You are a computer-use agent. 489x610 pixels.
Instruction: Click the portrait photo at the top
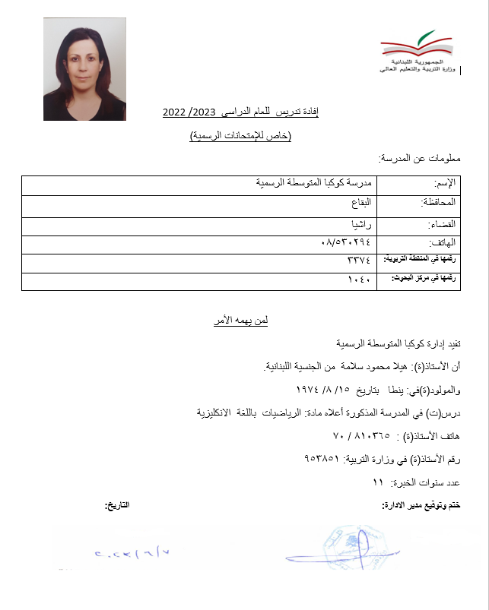point(84,69)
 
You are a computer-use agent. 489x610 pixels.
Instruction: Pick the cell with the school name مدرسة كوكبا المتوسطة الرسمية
point(314,183)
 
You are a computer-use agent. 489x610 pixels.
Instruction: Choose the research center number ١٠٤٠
point(358,280)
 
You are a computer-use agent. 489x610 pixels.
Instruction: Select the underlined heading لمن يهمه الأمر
point(240,321)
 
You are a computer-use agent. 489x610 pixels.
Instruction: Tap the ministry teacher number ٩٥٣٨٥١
point(325,460)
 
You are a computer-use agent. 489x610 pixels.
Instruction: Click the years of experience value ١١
point(378,483)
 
